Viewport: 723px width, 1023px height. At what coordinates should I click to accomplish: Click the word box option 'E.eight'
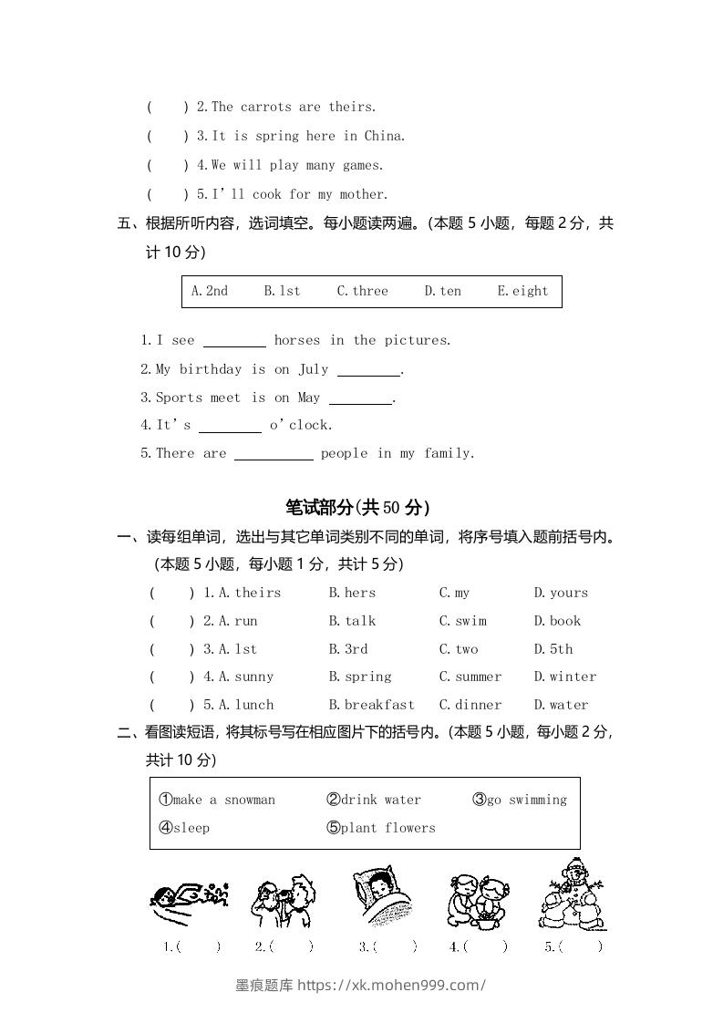coord(522,291)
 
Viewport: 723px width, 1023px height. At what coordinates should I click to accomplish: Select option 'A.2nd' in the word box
coord(210,291)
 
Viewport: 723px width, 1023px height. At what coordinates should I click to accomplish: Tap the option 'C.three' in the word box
coord(362,291)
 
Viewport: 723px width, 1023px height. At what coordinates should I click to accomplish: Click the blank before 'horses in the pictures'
coord(234,341)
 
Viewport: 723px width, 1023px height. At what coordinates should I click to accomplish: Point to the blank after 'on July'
coord(368,370)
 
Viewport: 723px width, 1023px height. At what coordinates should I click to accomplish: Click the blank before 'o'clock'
coord(230,426)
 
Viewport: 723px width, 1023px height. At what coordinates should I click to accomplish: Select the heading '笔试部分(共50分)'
coord(357,508)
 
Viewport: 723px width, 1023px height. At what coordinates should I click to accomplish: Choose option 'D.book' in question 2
coord(557,621)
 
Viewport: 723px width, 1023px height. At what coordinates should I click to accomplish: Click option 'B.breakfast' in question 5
coord(372,705)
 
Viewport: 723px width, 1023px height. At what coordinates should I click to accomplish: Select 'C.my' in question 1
coord(455,593)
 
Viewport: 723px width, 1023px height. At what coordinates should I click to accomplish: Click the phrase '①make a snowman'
coord(217,800)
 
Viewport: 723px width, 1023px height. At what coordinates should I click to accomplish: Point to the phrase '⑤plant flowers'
coord(381,828)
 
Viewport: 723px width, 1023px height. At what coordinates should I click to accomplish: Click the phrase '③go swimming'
coord(520,800)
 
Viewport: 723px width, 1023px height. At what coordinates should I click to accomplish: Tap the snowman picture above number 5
coord(573,894)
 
